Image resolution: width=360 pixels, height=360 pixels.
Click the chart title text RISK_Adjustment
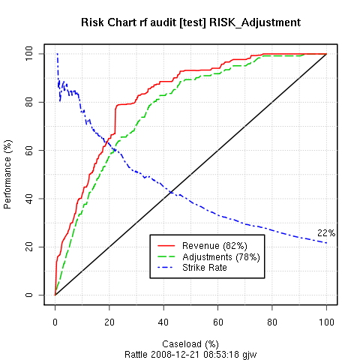pyautogui.click(x=258, y=22)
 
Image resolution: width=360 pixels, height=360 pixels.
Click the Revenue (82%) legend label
pyautogui.click(x=216, y=246)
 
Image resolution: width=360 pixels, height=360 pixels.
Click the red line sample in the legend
pyautogui.click(x=166, y=246)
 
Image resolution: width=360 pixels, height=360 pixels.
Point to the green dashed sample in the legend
pyautogui.click(x=166, y=256)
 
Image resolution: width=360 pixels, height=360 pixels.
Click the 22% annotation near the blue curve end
pyautogui.click(x=325, y=233)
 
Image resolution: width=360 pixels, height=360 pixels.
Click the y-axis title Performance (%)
pyautogui.click(x=9, y=174)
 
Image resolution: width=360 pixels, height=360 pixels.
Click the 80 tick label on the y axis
pyautogui.click(x=30, y=102)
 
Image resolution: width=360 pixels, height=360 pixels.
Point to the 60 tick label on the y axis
pyautogui.click(x=30, y=150)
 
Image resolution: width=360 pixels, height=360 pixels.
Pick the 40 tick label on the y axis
pyautogui.click(x=30, y=199)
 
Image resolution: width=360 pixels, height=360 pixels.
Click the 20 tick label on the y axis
pyautogui.click(x=30, y=247)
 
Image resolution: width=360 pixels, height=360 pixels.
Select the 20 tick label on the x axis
pyautogui.click(x=109, y=321)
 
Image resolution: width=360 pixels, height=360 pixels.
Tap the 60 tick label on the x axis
pyautogui.click(x=217, y=321)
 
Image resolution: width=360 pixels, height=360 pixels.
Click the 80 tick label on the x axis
pyautogui.click(x=272, y=321)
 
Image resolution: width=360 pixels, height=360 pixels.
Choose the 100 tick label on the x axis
pyautogui.click(x=326, y=321)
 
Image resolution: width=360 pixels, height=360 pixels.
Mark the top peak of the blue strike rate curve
pyautogui.click(x=57, y=54)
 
